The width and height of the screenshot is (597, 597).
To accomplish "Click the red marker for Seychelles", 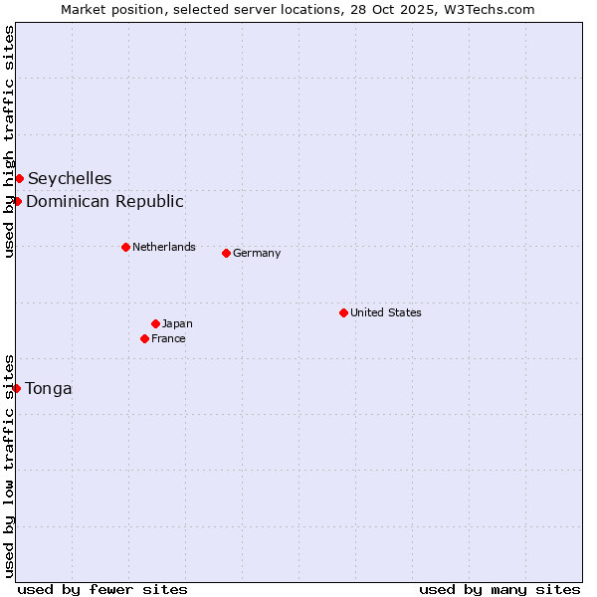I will click(x=19, y=178).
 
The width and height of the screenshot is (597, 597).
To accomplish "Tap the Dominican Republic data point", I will click(x=17, y=201).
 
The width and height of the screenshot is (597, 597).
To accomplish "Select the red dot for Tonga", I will click(x=16, y=388).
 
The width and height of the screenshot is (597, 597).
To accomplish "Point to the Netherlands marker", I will click(x=125, y=247).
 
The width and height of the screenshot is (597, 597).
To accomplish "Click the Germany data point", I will click(x=226, y=253).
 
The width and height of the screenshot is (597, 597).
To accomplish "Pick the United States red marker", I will click(x=343, y=312).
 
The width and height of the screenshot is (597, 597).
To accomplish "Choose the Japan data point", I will click(x=155, y=323).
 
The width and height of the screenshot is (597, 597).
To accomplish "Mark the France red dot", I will click(x=144, y=338).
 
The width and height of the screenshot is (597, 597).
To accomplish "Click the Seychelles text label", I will click(x=70, y=179).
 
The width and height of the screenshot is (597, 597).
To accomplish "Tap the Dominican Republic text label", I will click(x=104, y=202).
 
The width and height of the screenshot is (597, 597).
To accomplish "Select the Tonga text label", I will click(x=49, y=389).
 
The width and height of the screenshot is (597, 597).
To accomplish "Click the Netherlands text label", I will click(x=164, y=247).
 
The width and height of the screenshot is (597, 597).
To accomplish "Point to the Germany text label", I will click(x=257, y=253).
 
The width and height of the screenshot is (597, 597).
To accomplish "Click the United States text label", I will click(x=386, y=312).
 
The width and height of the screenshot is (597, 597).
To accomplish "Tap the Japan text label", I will click(x=177, y=323).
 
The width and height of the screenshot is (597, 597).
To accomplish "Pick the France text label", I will click(x=168, y=338).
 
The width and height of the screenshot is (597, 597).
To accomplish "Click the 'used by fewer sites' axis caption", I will click(x=102, y=589).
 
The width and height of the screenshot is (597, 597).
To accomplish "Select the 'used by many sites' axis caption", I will click(x=499, y=589).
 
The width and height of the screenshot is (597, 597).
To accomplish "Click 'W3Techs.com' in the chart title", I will click(x=488, y=9).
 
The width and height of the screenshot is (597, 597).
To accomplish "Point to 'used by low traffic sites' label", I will click(x=9, y=465).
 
